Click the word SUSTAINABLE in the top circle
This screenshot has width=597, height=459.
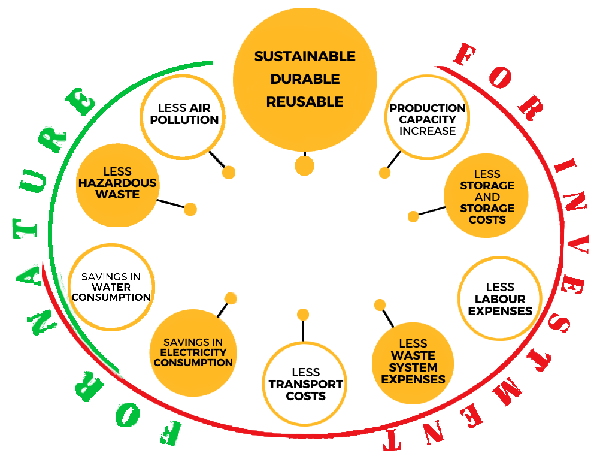click(305, 56)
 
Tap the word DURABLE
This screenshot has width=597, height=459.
click(305, 79)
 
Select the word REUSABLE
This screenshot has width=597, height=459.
click(305, 102)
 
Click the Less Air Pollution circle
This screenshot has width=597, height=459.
click(184, 114)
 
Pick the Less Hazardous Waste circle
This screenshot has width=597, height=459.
click(117, 183)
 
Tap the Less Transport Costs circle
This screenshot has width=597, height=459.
click(305, 383)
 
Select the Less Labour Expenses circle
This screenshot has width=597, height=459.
click(500, 298)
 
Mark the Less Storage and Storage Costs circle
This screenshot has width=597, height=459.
click(487, 197)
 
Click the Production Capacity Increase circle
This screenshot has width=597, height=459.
click(427, 119)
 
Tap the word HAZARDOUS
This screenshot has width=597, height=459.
click(117, 183)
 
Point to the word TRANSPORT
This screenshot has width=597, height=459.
click(305, 384)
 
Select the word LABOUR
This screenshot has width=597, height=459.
click(500, 299)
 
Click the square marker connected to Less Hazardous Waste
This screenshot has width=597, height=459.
click(190, 209)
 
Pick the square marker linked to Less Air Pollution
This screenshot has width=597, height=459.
click(228, 172)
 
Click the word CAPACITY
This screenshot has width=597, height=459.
click(428, 119)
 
